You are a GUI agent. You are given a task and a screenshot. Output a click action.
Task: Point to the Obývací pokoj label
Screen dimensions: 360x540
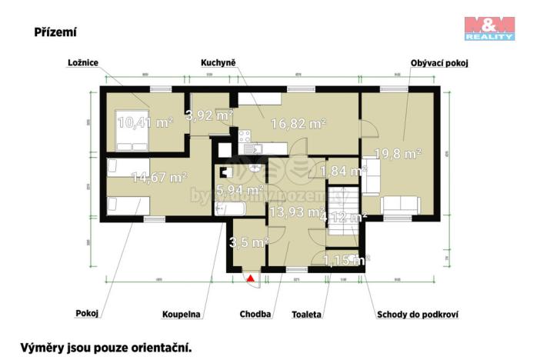click(x=440, y=63)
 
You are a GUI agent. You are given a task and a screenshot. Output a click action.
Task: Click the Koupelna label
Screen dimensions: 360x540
click(x=181, y=314)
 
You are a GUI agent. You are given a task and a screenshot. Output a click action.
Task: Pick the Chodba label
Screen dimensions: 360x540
click(x=255, y=314)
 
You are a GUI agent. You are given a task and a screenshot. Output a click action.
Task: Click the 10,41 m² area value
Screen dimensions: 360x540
click(x=145, y=122)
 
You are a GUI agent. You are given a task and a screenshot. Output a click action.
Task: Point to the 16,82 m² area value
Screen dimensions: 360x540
click(x=296, y=122)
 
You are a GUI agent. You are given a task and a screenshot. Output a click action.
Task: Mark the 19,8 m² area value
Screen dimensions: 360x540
click(x=397, y=154)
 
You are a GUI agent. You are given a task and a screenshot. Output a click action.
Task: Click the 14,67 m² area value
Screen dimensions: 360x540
click(x=160, y=177)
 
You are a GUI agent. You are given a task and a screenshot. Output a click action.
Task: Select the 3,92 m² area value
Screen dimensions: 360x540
click(x=208, y=115)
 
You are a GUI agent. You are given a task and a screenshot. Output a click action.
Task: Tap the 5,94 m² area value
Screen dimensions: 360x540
click(x=241, y=189)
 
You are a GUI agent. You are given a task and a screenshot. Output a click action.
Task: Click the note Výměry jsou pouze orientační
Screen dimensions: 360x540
click(x=105, y=347)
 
